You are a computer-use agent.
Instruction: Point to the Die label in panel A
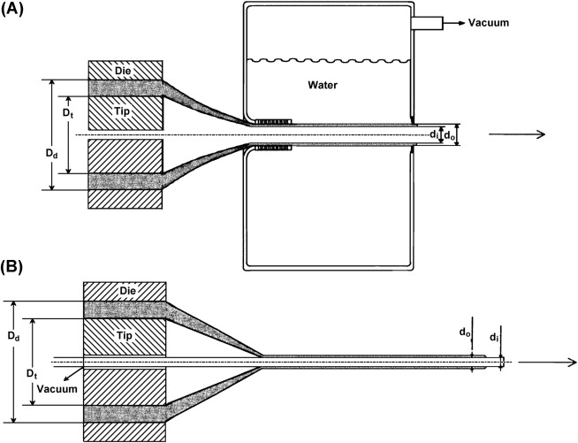124,69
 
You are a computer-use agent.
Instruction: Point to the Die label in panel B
124,291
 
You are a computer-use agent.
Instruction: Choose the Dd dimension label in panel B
12,338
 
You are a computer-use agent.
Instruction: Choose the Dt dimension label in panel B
33,376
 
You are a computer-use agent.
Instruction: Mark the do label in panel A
450,135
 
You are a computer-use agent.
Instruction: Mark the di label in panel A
433,135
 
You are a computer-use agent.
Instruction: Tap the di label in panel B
494,335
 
